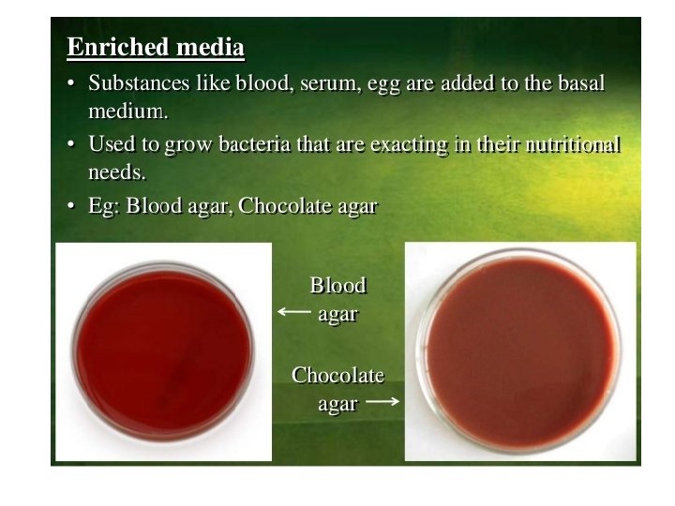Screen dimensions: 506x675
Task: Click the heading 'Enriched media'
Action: point(156,48)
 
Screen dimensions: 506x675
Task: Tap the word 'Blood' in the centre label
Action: point(337,286)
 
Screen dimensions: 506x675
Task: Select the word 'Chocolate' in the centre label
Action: point(337,376)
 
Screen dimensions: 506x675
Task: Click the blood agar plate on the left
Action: point(164,350)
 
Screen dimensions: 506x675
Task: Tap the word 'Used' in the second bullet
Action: point(110,144)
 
